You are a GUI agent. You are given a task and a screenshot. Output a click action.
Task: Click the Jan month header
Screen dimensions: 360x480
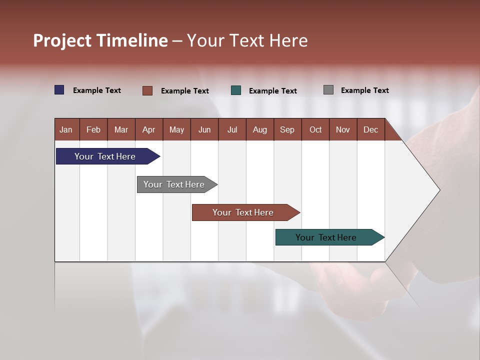pos(66,129)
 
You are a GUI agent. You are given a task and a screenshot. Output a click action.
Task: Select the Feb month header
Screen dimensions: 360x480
pos(93,129)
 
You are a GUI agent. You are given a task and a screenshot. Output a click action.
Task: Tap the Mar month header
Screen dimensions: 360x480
pos(121,129)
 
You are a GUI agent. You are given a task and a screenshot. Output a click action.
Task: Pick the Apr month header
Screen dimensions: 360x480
pos(148,129)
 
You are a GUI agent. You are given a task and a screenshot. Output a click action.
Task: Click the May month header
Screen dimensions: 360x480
pos(176,129)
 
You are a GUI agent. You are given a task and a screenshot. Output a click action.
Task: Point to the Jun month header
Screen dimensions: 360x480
pos(204,129)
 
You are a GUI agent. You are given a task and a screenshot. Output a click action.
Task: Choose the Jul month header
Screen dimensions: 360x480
pos(232,129)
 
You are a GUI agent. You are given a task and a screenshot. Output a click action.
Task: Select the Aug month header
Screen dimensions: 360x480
pos(259,129)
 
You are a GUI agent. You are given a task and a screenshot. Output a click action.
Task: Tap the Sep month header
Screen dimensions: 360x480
pos(287,129)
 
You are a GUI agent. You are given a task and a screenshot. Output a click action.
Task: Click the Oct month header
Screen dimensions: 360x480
pos(315,129)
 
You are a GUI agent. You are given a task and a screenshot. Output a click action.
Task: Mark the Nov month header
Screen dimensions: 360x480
pos(343,129)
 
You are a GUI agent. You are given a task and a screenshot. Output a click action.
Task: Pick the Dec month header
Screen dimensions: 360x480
pos(370,129)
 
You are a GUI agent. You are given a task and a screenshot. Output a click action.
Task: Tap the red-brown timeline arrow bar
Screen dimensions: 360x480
pos(243,212)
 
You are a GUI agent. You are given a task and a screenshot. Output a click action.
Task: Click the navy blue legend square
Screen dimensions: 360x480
pos(59,90)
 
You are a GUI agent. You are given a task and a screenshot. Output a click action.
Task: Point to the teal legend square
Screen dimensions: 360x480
pos(236,90)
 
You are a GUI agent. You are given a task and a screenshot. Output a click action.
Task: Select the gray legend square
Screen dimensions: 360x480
pos(328,90)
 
